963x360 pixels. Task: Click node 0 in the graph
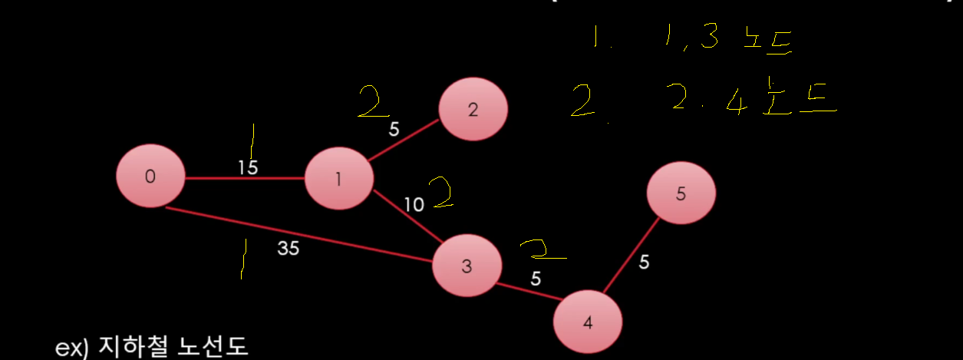(x=150, y=177)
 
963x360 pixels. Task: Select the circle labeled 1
(x=338, y=180)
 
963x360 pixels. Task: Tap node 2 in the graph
(x=473, y=109)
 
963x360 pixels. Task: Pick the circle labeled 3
(x=467, y=266)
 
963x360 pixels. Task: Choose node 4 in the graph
(x=588, y=322)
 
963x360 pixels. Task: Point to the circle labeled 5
(x=681, y=194)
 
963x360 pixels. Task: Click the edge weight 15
(x=248, y=167)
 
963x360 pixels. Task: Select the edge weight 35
(x=289, y=248)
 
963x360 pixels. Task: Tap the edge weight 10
(x=414, y=204)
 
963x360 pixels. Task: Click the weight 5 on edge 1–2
(x=394, y=130)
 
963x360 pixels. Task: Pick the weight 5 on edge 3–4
(x=536, y=278)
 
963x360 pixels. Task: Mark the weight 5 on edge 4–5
(x=644, y=263)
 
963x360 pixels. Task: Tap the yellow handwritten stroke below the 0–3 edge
(x=243, y=259)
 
